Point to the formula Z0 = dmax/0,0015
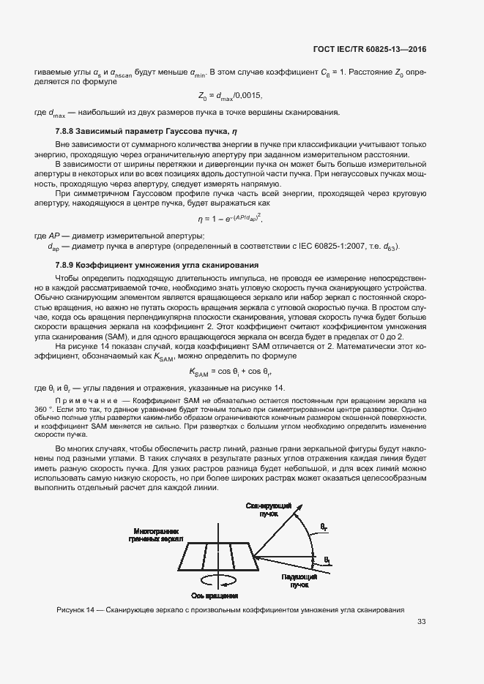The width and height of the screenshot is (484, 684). [230, 96]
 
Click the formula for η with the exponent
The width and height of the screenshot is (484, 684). [230, 219]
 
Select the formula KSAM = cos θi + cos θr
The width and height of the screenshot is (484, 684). [230, 372]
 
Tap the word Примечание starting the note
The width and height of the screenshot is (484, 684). [86, 402]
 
